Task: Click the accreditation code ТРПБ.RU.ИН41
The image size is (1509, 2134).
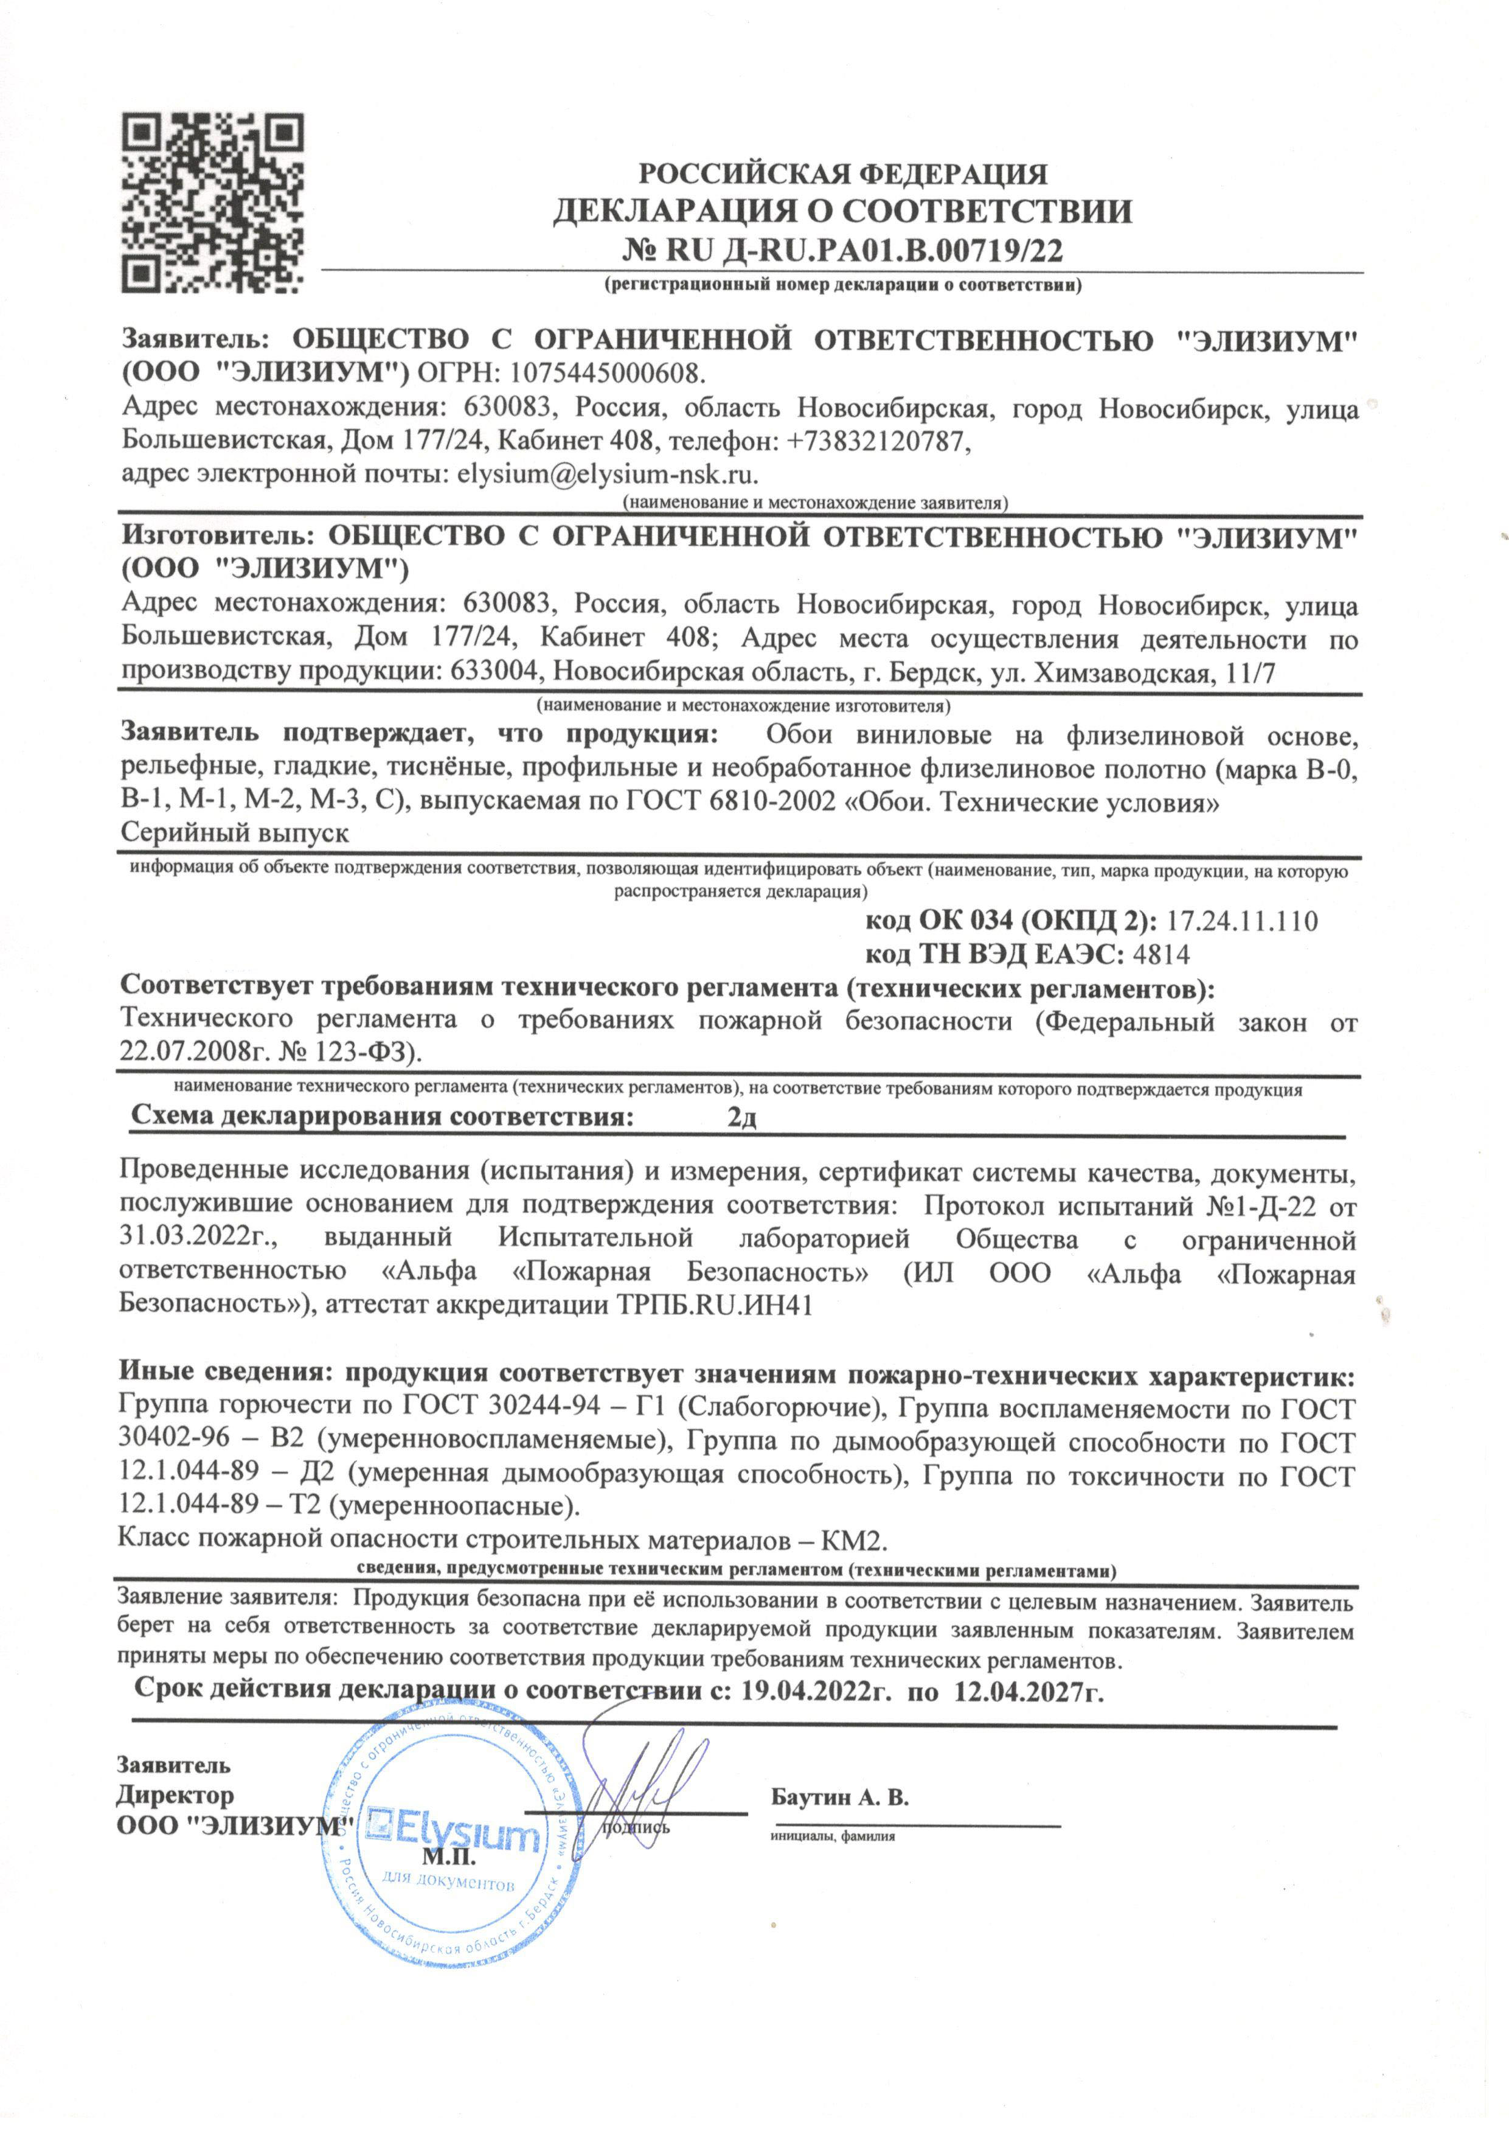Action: (715, 1305)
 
